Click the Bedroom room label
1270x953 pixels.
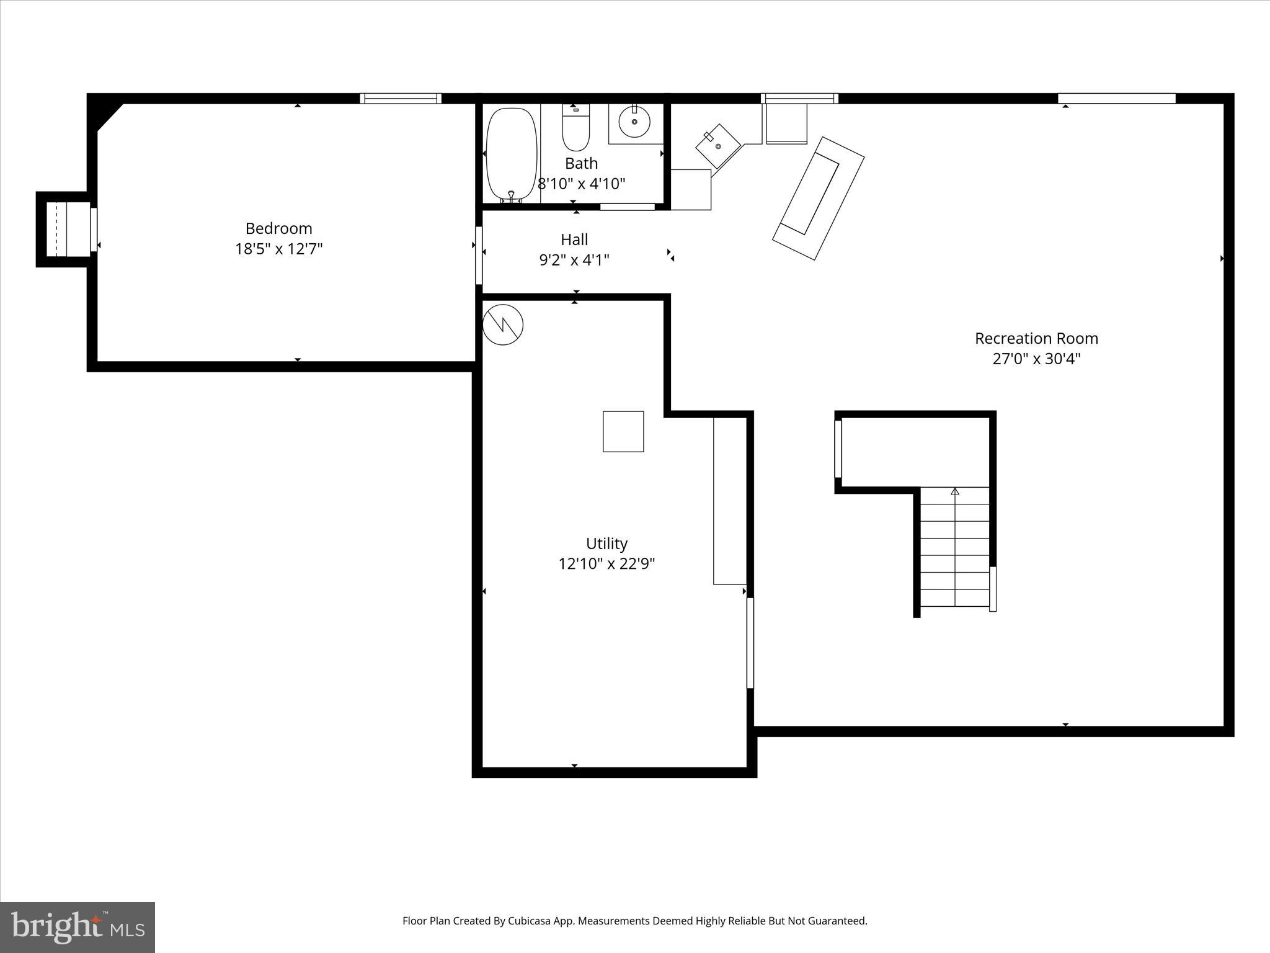pyautogui.click(x=278, y=228)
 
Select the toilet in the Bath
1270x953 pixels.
pyautogui.click(x=576, y=130)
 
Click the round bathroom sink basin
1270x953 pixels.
pyautogui.click(x=634, y=122)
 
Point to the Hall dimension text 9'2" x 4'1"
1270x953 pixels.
pyautogui.click(x=574, y=260)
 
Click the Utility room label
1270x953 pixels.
pyautogui.click(x=606, y=544)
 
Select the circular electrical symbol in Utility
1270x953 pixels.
pyautogui.click(x=503, y=324)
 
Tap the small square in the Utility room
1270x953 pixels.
pyautogui.click(x=623, y=431)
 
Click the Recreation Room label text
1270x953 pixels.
pyautogui.click(x=1036, y=339)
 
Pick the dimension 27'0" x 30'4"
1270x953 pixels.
pyautogui.click(x=1036, y=359)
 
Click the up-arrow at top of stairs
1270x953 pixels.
pyautogui.click(x=955, y=491)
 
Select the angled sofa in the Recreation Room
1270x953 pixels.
pyautogui.click(x=818, y=198)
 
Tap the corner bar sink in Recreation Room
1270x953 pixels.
pyautogui.click(x=718, y=146)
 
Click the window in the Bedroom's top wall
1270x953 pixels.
pyautogui.click(x=401, y=98)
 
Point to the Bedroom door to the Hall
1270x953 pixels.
pyautogui.click(x=479, y=256)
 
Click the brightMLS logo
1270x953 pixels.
pyautogui.click(x=78, y=927)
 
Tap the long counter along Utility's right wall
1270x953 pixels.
pyautogui.click(x=729, y=500)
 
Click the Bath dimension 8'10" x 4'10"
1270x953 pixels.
pyautogui.click(x=581, y=184)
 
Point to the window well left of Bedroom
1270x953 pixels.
pyautogui.click(x=62, y=229)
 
